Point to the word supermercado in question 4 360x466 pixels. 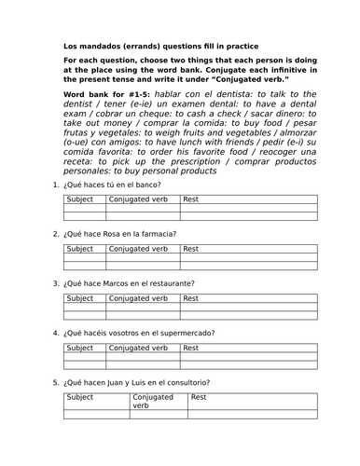coord(187,332)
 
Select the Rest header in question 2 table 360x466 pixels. coord(191,249)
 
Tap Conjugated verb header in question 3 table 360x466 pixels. coord(138,298)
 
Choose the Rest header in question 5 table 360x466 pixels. coord(198,397)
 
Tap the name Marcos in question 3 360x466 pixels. coord(111,282)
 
